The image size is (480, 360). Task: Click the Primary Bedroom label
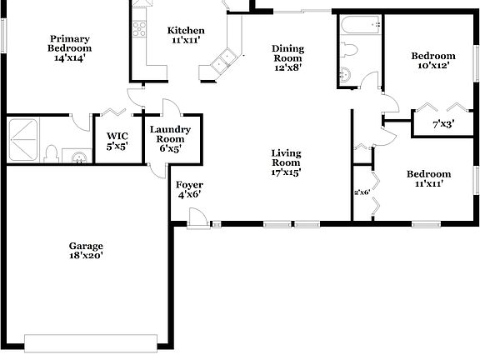70,47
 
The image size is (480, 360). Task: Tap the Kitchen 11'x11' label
186,36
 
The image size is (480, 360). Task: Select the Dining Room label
287,58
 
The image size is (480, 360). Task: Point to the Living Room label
286,162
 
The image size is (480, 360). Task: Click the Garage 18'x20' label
86,251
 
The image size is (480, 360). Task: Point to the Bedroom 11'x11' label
428,178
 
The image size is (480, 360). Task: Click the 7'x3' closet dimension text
442,125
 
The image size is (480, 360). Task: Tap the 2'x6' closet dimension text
362,192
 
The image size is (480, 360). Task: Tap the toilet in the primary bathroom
52,154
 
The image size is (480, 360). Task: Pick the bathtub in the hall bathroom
359,24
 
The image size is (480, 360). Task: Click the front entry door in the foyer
198,218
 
